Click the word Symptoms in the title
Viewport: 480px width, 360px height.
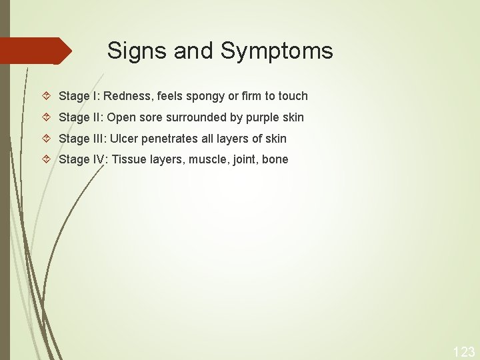pyautogui.click(x=277, y=51)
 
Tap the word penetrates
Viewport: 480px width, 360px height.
pyautogui.click(x=169, y=139)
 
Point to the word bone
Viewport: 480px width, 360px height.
pyautogui.click(x=275, y=159)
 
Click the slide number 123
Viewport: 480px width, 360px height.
pyautogui.click(x=463, y=352)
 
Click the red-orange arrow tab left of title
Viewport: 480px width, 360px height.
pyautogui.click(x=37, y=51)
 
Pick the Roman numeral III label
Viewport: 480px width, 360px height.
pyautogui.click(x=97, y=139)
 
